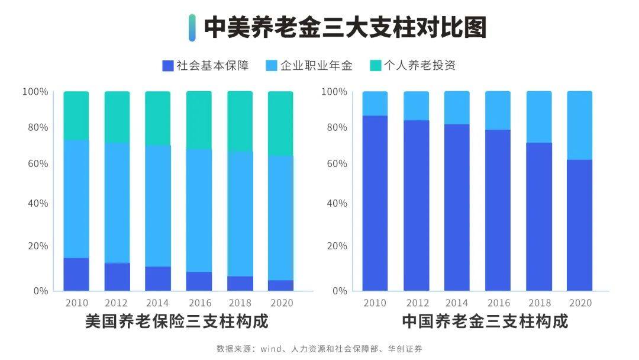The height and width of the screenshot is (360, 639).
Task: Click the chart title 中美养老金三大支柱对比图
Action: [x=345, y=28]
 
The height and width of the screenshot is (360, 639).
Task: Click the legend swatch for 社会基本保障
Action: [x=167, y=65]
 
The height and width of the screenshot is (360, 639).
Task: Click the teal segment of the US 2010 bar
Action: [x=76, y=115]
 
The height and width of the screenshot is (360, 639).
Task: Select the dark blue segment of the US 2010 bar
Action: [x=76, y=274]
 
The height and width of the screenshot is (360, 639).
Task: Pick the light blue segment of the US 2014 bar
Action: [x=158, y=205]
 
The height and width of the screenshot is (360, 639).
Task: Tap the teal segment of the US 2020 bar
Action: [x=280, y=123]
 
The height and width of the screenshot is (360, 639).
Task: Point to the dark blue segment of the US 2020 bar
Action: [x=280, y=285]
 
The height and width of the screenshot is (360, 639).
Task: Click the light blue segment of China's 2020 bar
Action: [x=579, y=125]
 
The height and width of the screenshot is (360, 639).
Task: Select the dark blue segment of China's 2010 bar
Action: [x=375, y=202]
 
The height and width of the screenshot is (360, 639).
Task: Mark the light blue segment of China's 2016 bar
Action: [x=498, y=110]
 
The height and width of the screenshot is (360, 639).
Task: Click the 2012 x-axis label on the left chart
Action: [x=117, y=303]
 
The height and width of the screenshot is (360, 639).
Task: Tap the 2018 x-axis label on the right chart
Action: [x=539, y=303]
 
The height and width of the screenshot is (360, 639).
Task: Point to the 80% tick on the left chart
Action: [x=35, y=128]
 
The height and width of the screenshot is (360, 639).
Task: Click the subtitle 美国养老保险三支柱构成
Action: [x=176, y=322]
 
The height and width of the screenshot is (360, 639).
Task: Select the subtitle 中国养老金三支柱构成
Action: [x=485, y=322]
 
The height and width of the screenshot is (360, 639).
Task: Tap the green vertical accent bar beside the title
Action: [x=192, y=28]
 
